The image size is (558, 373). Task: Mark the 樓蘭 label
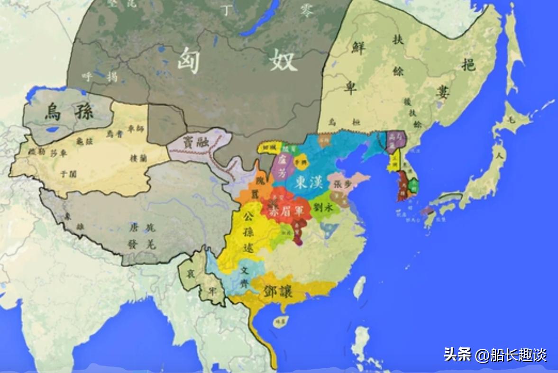click(138, 158)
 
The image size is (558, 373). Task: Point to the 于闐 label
click(68, 173)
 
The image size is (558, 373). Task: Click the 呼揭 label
click(99, 76)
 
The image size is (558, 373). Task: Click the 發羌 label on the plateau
click(142, 244)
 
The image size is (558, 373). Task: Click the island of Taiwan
click(360, 287)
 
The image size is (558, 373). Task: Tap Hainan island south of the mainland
click(281, 322)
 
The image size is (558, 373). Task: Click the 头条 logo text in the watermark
click(457, 354)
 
